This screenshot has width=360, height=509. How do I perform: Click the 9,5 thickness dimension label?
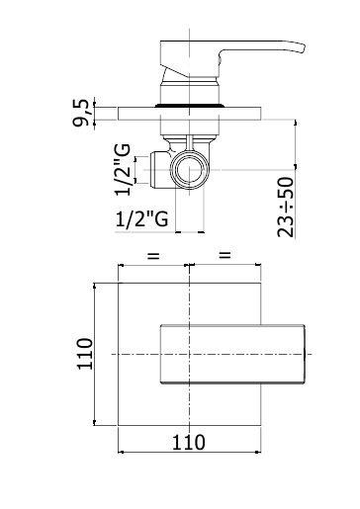tap(81, 113)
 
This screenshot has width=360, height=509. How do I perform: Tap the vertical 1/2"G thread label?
tap(123, 170)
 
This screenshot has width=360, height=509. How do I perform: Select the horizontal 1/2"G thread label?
tap(142, 218)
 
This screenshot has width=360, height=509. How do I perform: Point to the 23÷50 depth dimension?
tap(286, 207)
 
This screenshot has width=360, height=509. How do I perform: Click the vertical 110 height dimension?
tap(85, 354)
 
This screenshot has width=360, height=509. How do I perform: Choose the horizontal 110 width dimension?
tap(189, 442)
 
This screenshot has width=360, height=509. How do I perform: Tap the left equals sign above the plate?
tap(153, 255)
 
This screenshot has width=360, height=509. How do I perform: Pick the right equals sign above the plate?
tap(225, 254)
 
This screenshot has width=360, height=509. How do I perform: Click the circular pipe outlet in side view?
tap(189, 170)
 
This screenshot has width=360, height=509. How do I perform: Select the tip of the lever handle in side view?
tap(304, 48)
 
